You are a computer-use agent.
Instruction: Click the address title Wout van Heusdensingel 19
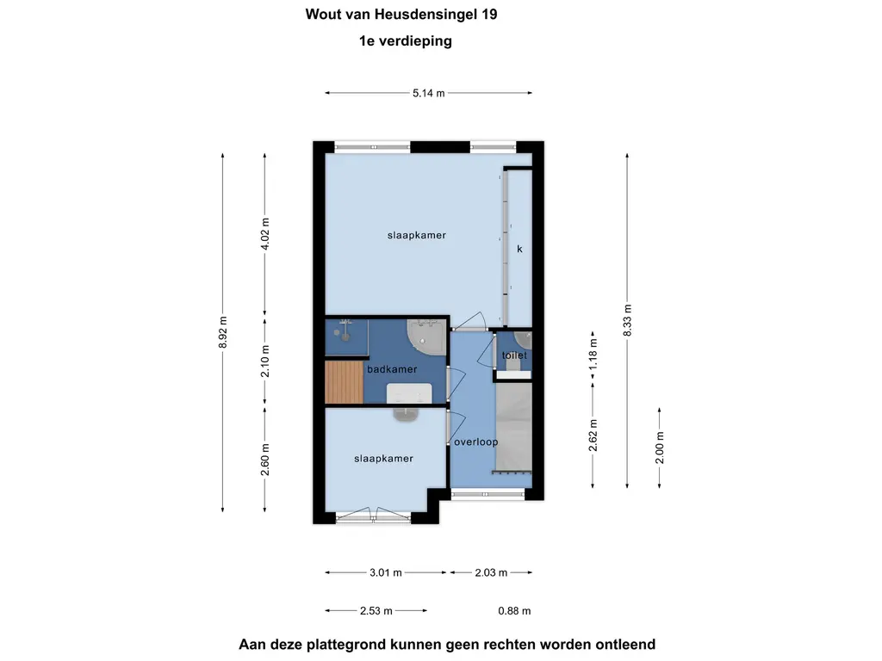pyautogui.click(x=401, y=14)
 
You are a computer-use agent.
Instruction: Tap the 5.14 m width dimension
pyautogui.click(x=428, y=93)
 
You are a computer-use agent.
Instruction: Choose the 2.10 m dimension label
pyautogui.click(x=264, y=361)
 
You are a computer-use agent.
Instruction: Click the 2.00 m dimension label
pyautogui.click(x=660, y=448)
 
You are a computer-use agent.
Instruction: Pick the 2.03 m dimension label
pyautogui.click(x=490, y=572)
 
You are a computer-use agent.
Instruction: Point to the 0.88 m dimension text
pyautogui.click(x=514, y=611)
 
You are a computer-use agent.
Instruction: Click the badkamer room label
pyautogui.click(x=392, y=369)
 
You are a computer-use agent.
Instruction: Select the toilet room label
pyautogui.click(x=514, y=355)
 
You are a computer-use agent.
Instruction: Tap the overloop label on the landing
pyautogui.click(x=475, y=442)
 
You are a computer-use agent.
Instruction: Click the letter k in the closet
pyautogui.click(x=519, y=249)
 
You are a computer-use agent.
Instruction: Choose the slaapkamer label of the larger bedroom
pyautogui.click(x=417, y=234)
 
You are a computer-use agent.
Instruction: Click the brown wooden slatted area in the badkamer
pyautogui.click(x=344, y=381)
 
